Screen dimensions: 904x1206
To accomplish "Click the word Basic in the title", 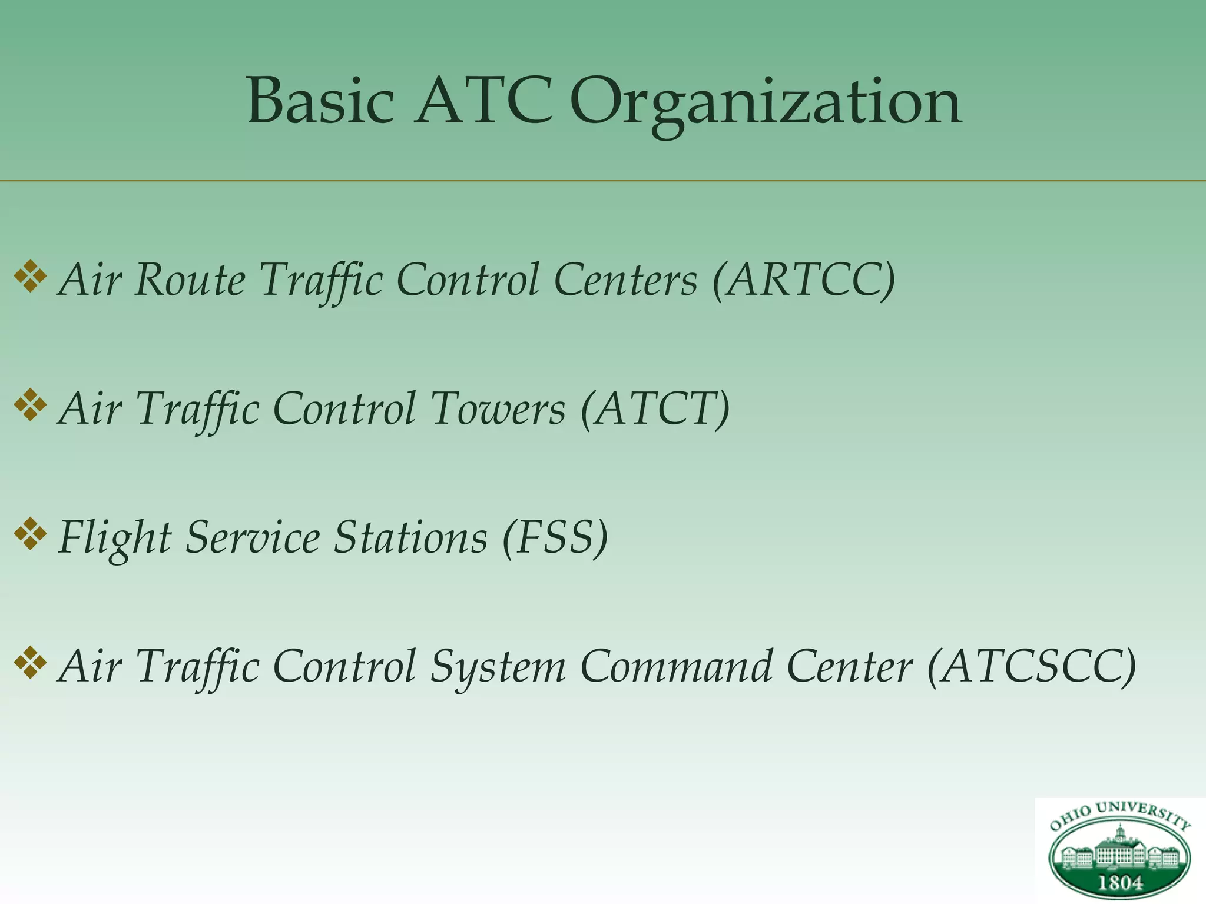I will tap(320, 101).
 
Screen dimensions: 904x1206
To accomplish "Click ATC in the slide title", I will tap(483, 101).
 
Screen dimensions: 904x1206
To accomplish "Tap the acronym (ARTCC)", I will tap(804, 280).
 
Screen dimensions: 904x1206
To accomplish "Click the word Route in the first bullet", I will tap(190, 280).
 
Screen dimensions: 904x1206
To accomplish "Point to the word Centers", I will tap(625, 280).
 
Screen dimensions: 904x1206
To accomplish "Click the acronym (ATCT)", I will tap(655, 409).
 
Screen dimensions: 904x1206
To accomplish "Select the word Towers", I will tap(498, 409).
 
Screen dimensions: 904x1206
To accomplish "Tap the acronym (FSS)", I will tap(555, 538).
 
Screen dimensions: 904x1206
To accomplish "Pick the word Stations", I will tap(410, 538).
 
